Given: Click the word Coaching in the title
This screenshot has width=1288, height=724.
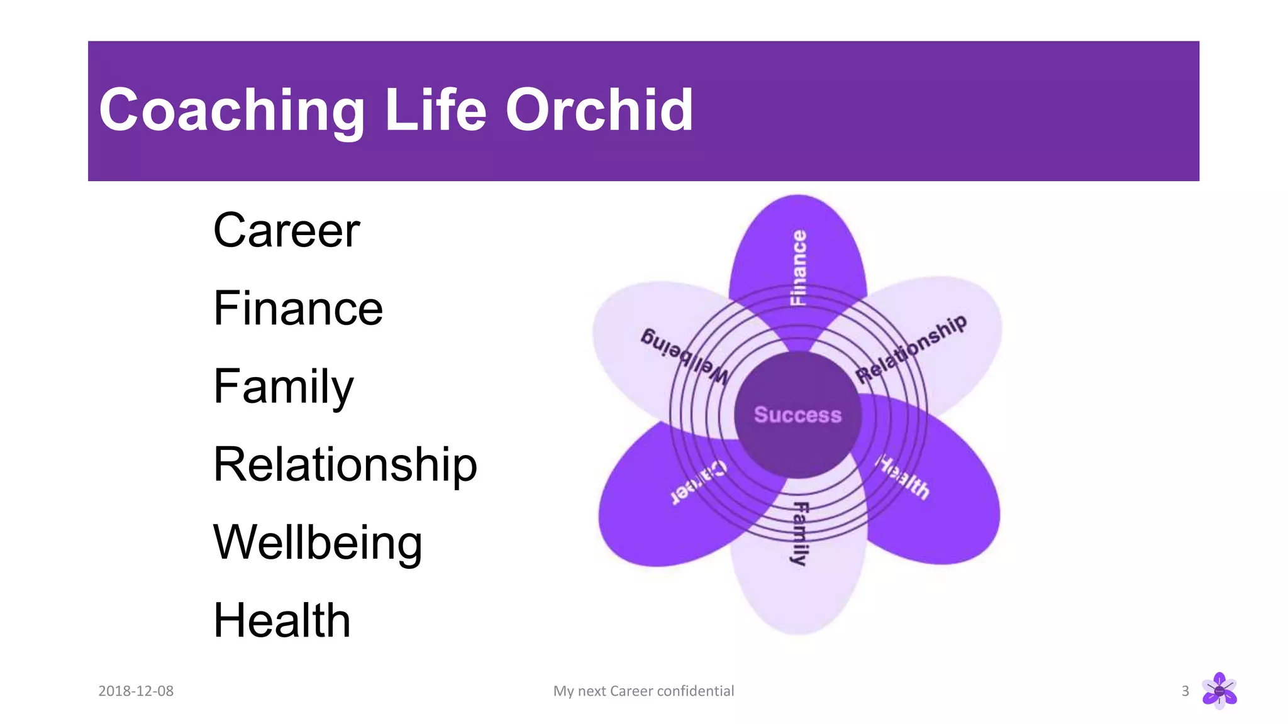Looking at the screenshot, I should [x=231, y=111].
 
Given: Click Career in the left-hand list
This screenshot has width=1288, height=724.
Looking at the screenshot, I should [x=286, y=231].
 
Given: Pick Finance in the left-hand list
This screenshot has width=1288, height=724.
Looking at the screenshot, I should [x=297, y=309].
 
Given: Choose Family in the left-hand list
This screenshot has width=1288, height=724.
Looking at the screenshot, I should [x=283, y=387].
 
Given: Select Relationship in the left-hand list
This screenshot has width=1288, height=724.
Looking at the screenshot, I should [x=345, y=465].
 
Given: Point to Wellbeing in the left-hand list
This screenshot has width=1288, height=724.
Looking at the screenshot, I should [x=318, y=543].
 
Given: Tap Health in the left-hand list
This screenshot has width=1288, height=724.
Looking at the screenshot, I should [x=281, y=621].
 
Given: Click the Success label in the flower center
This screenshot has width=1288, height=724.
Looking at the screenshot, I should [x=797, y=415].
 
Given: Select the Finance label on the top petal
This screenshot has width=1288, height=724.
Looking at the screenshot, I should [x=798, y=268].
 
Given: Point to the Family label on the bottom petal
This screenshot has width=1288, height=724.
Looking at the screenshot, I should [x=799, y=533].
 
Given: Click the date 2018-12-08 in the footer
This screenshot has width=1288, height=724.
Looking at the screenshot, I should [x=136, y=691].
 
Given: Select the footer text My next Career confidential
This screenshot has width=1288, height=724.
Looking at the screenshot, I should [x=643, y=691].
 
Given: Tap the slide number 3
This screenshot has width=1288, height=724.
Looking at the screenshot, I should [x=1185, y=691].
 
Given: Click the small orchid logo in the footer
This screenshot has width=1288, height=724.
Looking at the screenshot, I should [x=1219, y=691].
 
